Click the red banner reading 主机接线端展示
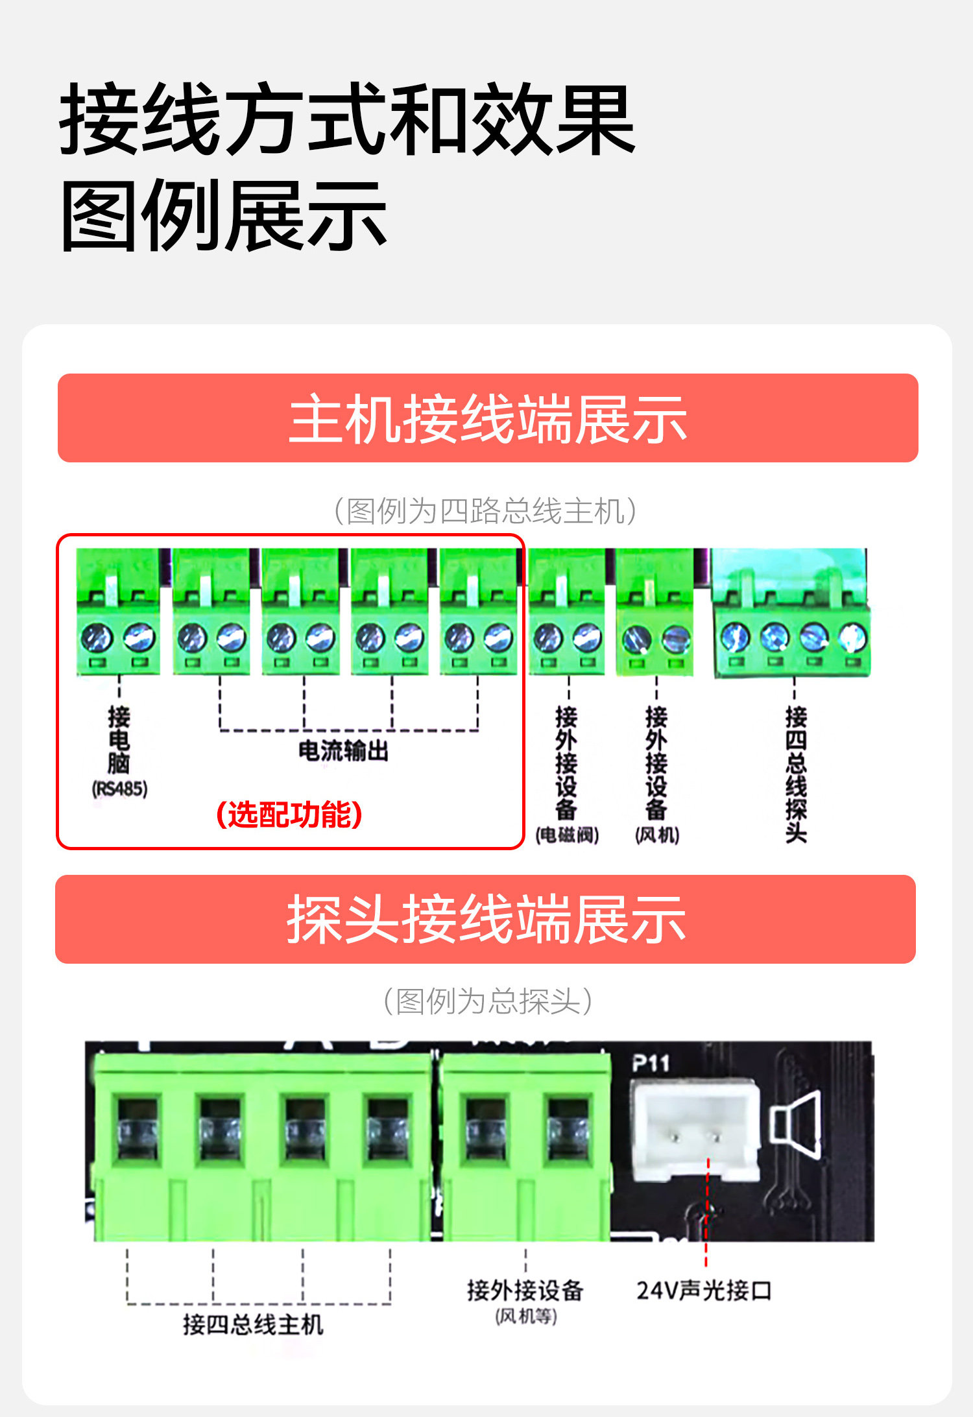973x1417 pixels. pos(488,418)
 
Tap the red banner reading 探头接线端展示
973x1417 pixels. pos(485,919)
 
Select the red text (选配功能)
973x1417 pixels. pos(289,815)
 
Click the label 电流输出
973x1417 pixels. pos(343,751)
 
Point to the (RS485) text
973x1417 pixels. pos(119,789)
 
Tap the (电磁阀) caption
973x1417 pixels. pos(567,835)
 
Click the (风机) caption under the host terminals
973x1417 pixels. pos(657,835)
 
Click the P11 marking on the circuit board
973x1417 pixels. pos(650,1063)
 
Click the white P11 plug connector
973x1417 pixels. pos(694,1129)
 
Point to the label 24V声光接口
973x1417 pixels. pos(704,1291)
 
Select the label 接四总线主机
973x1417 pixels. pos(253,1324)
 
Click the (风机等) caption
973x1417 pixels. pos(526,1316)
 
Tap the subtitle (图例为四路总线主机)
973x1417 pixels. pos(485,511)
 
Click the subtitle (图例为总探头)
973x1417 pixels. pos(488,1001)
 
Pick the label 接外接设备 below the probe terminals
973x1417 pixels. pos(525,1291)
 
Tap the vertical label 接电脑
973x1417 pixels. pos(119,740)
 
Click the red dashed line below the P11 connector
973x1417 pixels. pos(707,1213)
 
